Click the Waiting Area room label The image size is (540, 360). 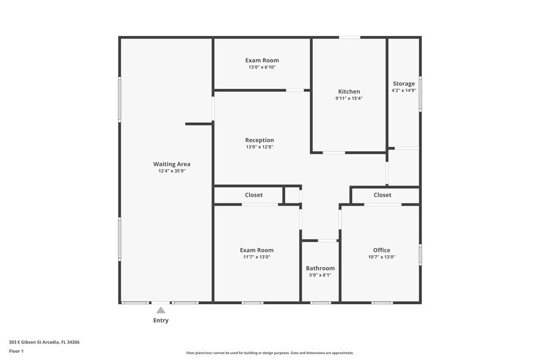171,164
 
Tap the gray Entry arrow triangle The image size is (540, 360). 160,310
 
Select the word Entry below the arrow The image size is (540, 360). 160,320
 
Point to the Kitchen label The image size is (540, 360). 349,92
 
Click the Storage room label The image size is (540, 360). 403,84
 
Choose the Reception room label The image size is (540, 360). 260,140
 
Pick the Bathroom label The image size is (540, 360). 320,268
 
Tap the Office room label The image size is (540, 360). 381,250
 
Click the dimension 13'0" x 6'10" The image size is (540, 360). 262,67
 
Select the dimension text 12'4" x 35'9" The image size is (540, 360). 171,171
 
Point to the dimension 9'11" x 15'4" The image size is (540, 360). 349,99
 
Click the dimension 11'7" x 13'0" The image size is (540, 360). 257,257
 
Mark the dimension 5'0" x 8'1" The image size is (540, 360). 320,276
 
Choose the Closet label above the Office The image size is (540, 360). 382,195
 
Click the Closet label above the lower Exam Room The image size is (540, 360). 253,195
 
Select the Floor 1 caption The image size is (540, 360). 17,351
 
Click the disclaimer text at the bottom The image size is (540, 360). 269,353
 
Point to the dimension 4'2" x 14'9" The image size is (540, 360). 403,91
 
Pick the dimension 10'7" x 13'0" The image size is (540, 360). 381,257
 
